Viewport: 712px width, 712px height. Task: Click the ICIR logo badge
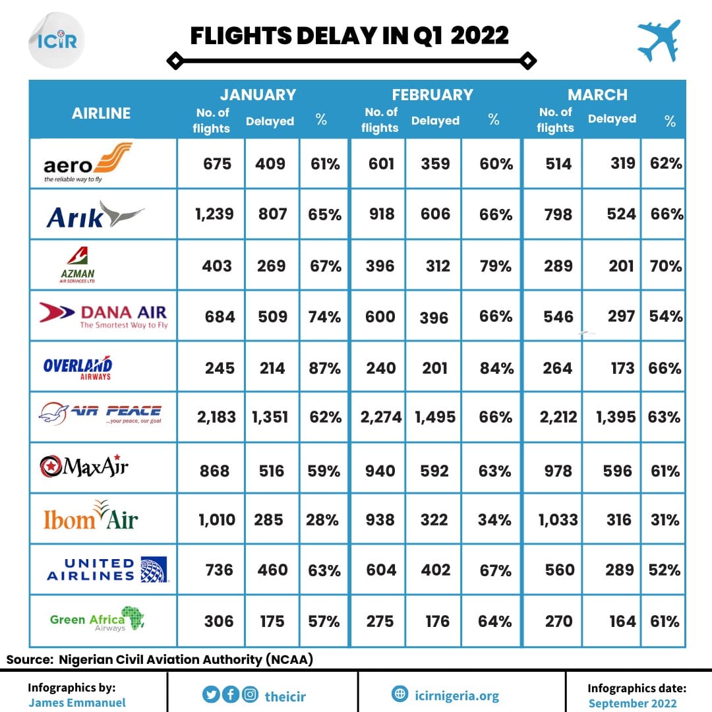[56, 40]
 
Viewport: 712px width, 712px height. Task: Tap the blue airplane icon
[659, 40]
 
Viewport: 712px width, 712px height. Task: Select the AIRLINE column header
[102, 113]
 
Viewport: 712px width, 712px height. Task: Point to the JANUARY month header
[258, 94]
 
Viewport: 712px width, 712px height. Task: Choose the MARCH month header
[597, 94]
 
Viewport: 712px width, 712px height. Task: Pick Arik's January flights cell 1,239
[214, 214]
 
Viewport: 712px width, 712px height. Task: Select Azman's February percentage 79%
[495, 266]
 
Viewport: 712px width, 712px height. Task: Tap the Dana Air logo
[104, 315]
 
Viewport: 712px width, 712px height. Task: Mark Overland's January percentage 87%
[324, 368]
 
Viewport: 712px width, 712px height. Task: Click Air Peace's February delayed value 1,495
[435, 417]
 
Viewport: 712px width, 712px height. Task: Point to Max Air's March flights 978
[558, 471]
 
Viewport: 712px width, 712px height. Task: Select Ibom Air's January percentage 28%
[322, 519]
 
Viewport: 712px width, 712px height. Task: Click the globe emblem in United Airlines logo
[154, 570]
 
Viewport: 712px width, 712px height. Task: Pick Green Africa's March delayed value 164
[622, 621]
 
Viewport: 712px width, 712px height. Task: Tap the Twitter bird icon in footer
[211, 694]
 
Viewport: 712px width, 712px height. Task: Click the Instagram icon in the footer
[250, 694]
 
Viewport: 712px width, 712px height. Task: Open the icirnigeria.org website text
[457, 696]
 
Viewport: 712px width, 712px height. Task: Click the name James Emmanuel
[77, 703]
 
